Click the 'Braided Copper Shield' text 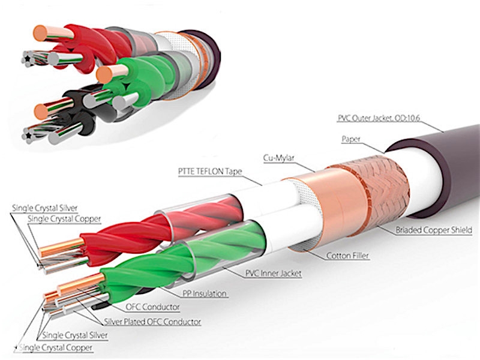click(x=434, y=229)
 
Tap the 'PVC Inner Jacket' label click(x=272, y=274)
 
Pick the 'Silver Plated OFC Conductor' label click(x=152, y=322)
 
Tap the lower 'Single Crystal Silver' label click(x=76, y=335)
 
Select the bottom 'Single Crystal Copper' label click(x=58, y=348)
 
